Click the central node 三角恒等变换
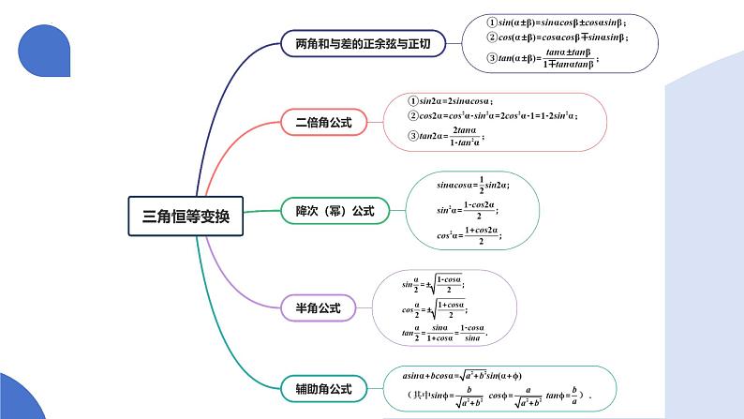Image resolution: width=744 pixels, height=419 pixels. click(186, 216)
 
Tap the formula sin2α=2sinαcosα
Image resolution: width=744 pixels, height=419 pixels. click(451, 100)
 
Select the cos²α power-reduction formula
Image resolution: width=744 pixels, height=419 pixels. click(468, 235)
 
